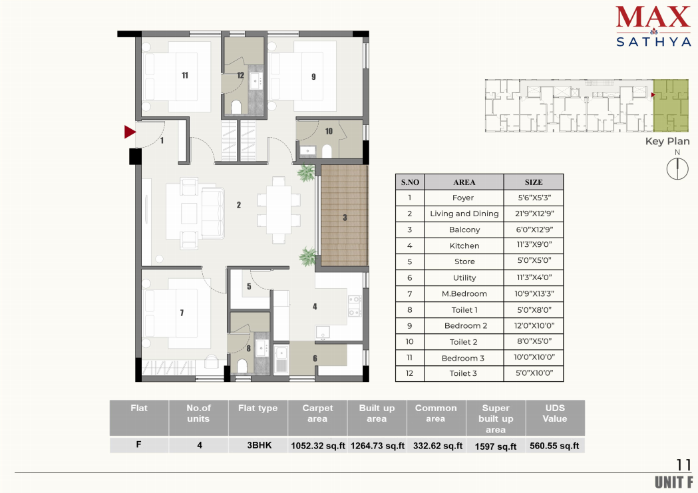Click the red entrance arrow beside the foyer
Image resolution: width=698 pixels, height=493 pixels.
click(x=130, y=132)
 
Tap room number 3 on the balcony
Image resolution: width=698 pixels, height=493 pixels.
click(x=345, y=218)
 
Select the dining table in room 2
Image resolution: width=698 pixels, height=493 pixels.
click(x=279, y=210)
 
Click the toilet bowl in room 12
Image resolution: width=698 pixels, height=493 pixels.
click(x=236, y=107)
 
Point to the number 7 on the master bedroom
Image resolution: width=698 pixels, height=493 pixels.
click(x=182, y=313)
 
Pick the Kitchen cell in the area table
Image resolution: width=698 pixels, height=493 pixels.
click(x=464, y=246)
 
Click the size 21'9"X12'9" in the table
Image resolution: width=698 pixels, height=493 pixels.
click(x=534, y=214)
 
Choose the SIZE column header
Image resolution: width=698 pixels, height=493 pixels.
click(x=533, y=182)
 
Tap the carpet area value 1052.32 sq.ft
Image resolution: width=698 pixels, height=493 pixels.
click(x=318, y=445)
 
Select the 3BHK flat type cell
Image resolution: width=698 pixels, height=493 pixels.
click(x=259, y=445)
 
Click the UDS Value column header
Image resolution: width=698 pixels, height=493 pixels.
click(x=555, y=413)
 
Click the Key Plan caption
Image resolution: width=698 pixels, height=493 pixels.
click(x=667, y=142)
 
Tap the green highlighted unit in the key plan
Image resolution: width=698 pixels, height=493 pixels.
click(x=671, y=105)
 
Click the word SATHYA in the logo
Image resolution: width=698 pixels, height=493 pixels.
click(x=653, y=42)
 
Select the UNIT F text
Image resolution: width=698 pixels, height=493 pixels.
click(x=674, y=482)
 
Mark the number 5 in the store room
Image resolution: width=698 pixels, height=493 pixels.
click(x=249, y=287)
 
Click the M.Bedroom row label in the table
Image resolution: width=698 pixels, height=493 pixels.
click(x=464, y=293)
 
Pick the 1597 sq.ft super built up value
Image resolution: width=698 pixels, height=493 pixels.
click(x=496, y=446)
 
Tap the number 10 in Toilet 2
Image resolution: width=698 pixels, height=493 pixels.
click(x=329, y=131)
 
